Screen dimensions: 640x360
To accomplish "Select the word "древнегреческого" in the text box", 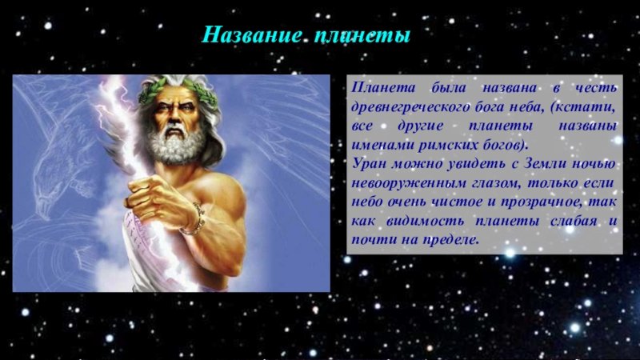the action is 411,107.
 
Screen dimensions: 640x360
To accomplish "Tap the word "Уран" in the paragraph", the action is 369,164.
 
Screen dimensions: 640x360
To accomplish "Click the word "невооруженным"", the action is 409,183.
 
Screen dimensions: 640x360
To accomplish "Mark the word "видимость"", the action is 425,222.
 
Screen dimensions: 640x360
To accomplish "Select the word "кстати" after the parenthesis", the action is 584,107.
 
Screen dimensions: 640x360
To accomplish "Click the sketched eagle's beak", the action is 43,207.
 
